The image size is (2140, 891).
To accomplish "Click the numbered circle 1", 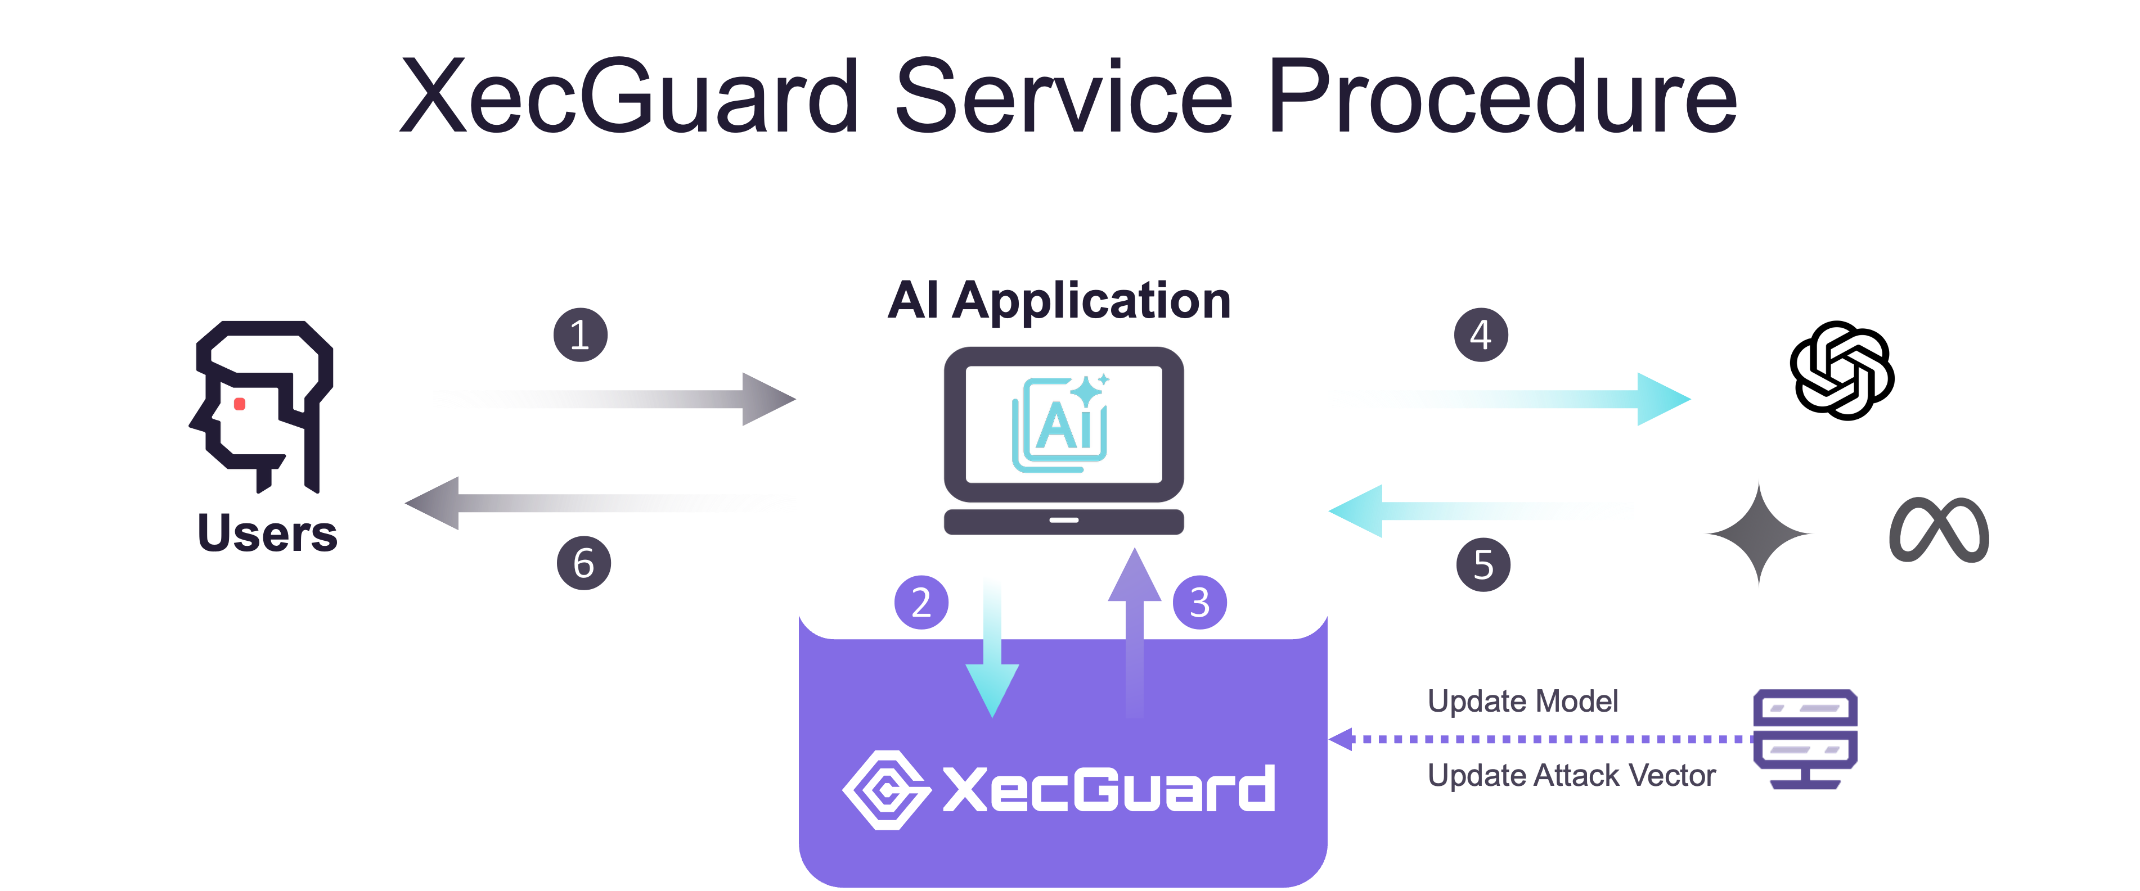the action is [x=580, y=334].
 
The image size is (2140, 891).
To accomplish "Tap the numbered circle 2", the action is [x=920, y=602].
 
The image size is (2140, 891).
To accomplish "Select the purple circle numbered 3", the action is [x=1199, y=602].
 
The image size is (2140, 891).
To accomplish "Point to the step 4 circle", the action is [x=1480, y=334].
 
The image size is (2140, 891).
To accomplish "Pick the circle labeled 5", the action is [x=1483, y=564].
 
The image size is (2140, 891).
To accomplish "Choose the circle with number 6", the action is [x=583, y=563].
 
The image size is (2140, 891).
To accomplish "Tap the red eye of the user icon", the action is [x=239, y=404].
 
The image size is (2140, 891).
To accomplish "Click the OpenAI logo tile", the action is [x=1842, y=370].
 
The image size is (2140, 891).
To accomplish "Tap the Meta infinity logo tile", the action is [x=1939, y=530].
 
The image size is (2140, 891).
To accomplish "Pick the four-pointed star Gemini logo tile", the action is [x=1758, y=531].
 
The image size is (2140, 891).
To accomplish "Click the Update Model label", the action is [x=1522, y=702].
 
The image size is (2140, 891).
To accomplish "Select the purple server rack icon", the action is [x=1804, y=738].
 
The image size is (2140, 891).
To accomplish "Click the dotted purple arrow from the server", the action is [x=1537, y=738].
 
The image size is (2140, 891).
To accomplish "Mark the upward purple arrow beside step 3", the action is [x=1134, y=631].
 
